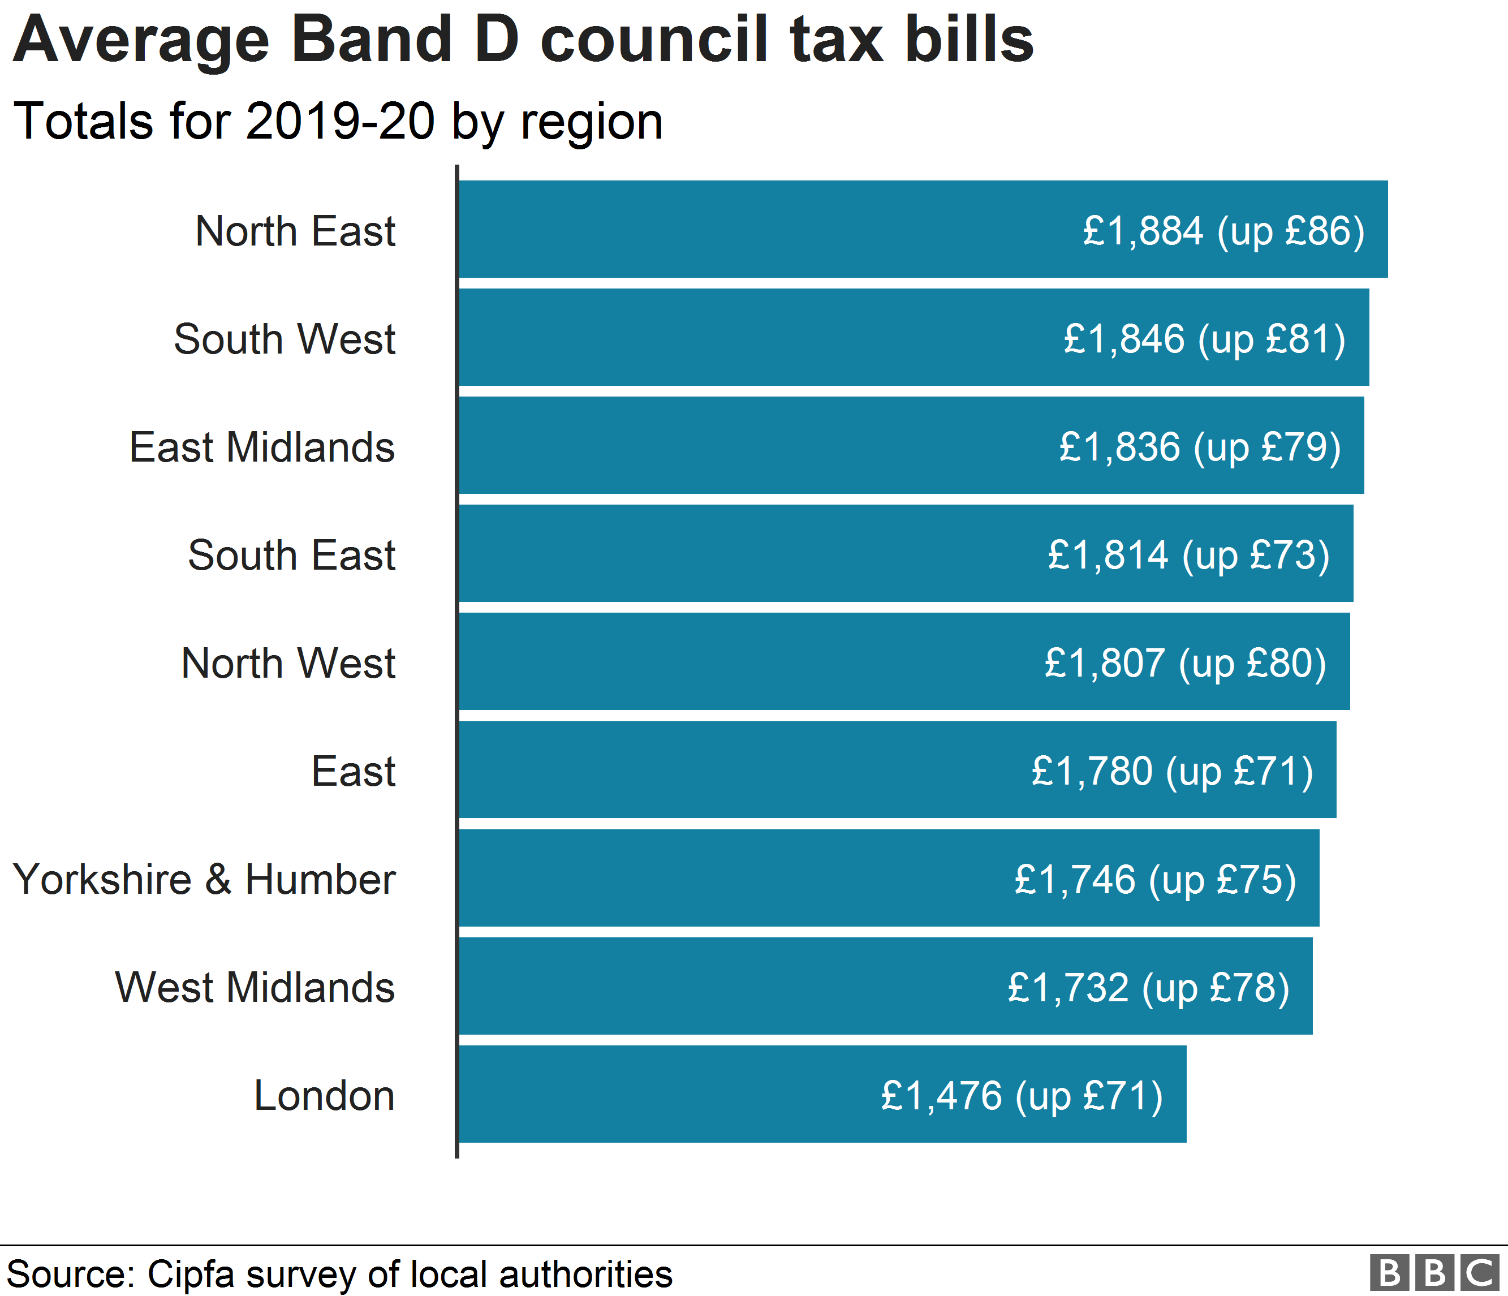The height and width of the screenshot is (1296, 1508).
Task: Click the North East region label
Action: pos(295,231)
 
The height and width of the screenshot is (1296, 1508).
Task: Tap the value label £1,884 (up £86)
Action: pos(1223,231)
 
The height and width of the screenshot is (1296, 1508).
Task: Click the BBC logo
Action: pos(1434,1273)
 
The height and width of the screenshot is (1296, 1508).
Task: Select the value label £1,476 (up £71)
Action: pos(1022,1096)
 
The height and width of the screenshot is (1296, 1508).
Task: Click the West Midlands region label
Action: pos(255,988)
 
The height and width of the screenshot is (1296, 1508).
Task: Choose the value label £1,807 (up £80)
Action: pos(1185,663)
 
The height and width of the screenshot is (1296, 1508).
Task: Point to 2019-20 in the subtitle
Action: pos(341,121)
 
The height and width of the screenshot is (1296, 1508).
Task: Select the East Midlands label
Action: pos(262,447)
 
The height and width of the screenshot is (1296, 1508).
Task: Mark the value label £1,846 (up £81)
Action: pos(1204,339)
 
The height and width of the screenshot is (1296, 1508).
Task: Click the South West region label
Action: pos(285,339)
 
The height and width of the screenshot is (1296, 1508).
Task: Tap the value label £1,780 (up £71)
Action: pos(1172,772)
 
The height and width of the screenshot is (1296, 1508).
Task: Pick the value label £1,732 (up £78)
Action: pos(1148,988)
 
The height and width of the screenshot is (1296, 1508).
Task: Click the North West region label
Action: pos(288,663)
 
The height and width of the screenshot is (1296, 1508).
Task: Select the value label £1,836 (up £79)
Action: pos(1199,447)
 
